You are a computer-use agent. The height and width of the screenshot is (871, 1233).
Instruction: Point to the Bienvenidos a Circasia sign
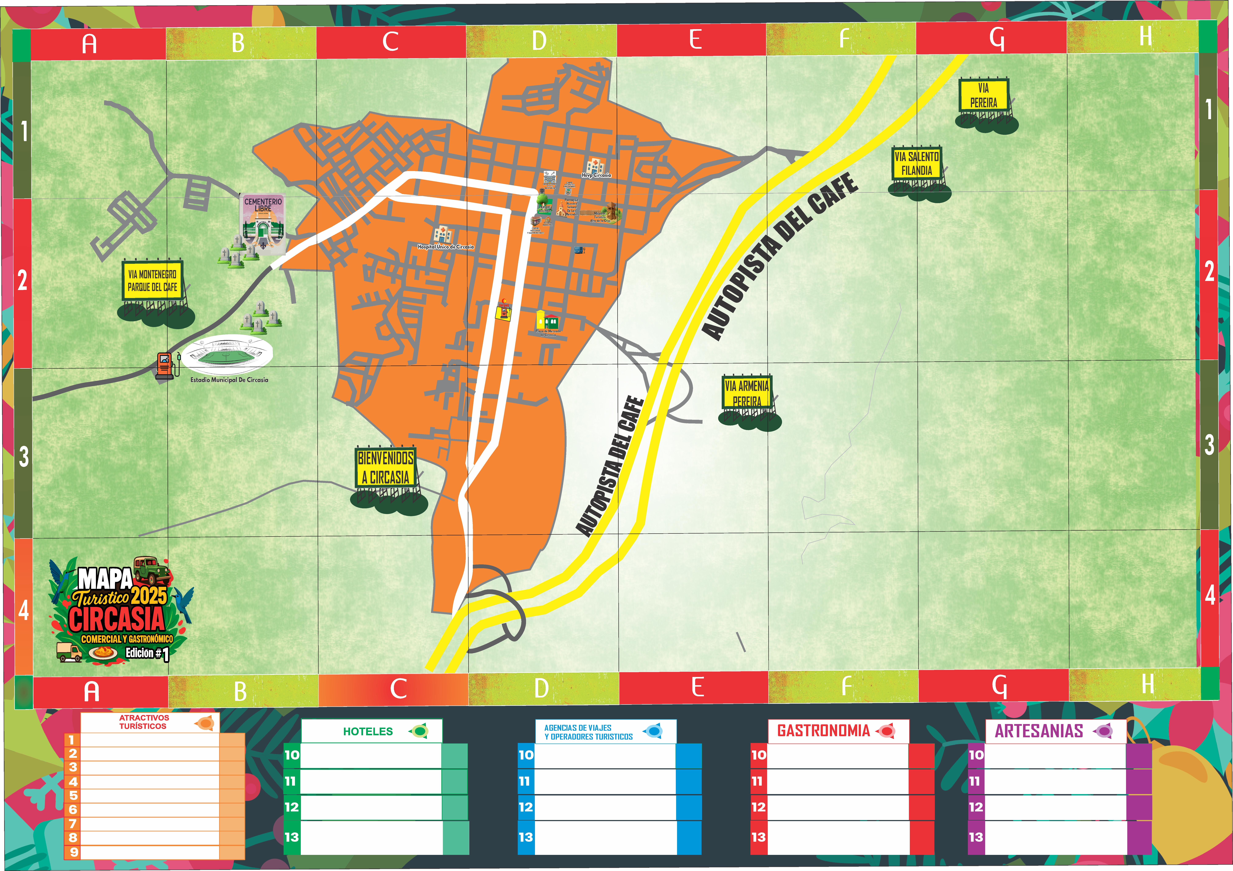(386, 468)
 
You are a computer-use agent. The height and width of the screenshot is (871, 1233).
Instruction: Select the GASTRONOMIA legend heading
(823, 731)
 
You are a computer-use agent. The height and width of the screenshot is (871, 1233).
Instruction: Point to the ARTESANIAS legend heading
(1039, 731)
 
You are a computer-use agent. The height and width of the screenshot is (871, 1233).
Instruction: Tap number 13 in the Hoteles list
(292, 837)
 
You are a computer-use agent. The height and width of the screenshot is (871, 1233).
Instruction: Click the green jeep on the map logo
(152, 570)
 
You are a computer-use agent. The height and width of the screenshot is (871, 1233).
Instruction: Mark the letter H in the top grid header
(1146, 37)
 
